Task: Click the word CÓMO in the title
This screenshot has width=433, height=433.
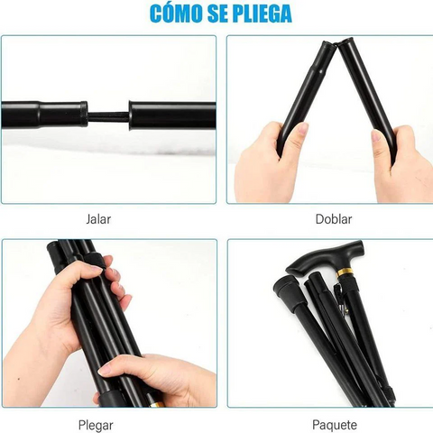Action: [180, 14]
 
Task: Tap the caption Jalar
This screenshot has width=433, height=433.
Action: [108, 219]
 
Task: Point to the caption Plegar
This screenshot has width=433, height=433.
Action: [108, 424]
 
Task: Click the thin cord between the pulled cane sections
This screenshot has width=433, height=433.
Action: [108, 115]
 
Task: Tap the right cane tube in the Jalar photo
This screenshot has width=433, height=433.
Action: [171, 115]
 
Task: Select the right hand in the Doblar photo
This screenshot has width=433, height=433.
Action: [397, 167]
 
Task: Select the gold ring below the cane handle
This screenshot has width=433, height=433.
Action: [345, 272]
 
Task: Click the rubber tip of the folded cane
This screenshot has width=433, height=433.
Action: [287, 293]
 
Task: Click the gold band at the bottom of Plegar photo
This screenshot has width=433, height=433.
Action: [154, 403]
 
